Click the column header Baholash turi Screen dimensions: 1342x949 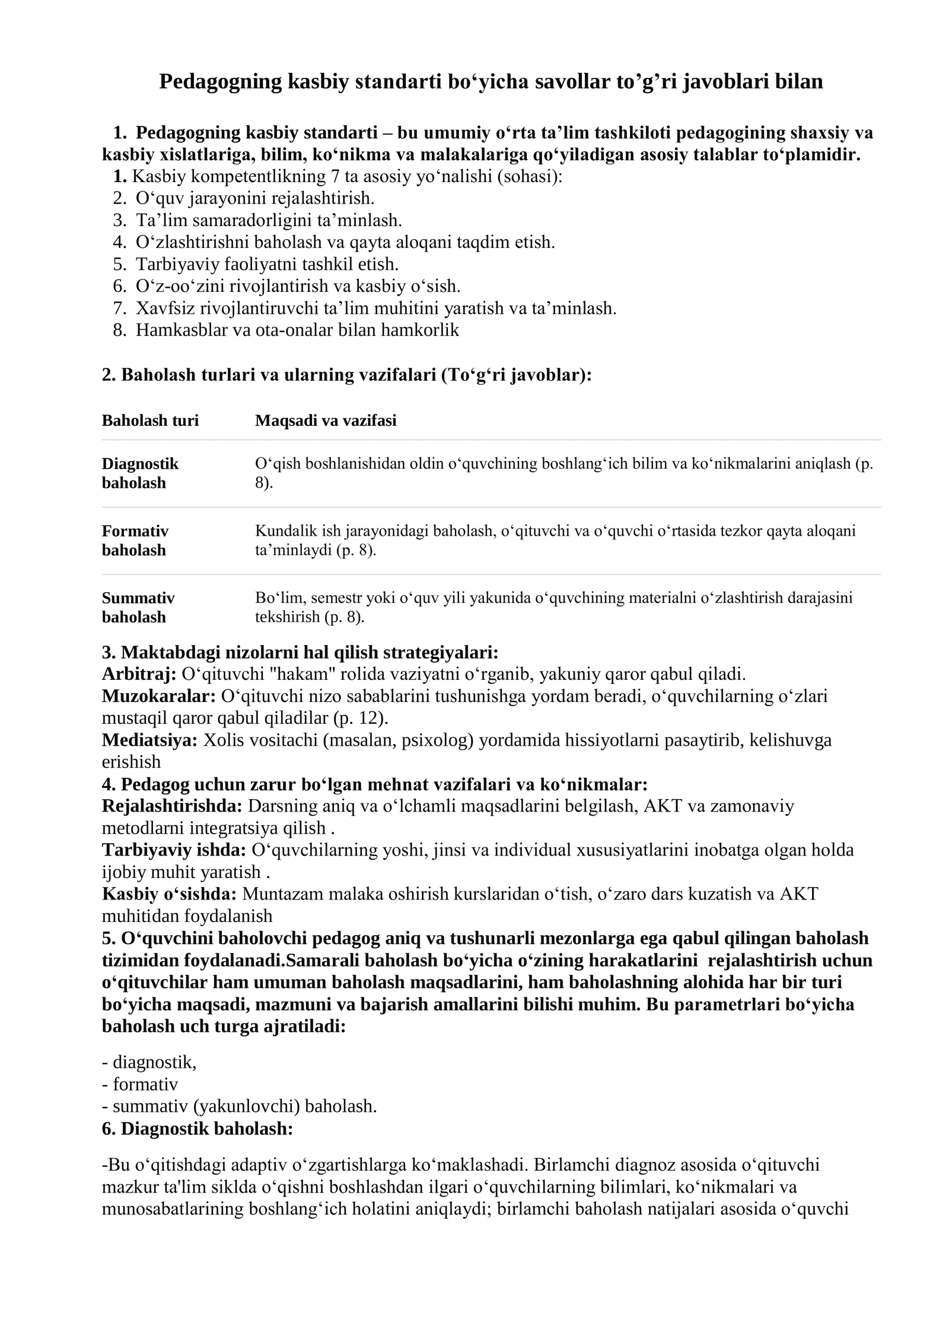point(150,421)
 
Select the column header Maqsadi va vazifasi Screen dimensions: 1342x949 point(326,421)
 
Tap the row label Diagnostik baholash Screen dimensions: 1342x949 point(140,473)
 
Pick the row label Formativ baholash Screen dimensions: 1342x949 point(135,540)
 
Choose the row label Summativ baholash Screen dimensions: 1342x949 point(138,607)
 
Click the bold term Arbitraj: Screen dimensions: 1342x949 point(139,674)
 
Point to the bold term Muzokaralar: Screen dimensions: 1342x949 point(158,696)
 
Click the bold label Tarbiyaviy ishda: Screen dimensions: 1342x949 point(174,850)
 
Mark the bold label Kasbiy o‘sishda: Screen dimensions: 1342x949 point(169,893)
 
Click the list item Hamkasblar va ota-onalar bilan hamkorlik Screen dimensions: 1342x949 point(297,330)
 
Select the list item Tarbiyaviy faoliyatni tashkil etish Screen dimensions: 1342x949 point(267,264)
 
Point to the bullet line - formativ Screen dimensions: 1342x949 point(140,1084)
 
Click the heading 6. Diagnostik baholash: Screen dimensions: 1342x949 point(198,1128)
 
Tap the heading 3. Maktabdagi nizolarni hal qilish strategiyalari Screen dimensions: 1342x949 point(300,653)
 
